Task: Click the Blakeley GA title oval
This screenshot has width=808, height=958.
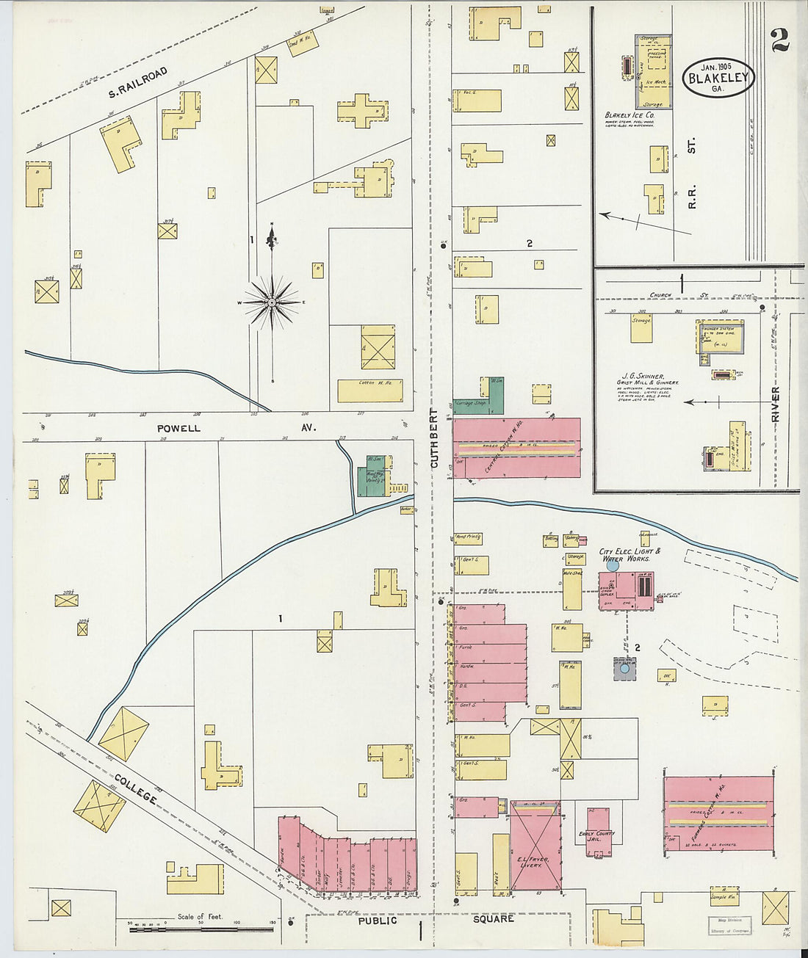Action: (718, 77)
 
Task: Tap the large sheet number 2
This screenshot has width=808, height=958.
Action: (780, 40)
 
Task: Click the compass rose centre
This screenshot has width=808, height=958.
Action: (273, 302)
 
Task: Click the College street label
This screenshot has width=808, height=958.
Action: (136, 786)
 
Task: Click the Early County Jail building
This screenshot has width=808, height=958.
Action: (597, 833)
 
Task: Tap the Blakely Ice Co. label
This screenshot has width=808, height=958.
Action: (630, 115)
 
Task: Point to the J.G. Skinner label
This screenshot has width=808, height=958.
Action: (647, 376)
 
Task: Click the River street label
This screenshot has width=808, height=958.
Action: (776, 404)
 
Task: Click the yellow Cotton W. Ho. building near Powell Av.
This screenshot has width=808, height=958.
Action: (370, 390)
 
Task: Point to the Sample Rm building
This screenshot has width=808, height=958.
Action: (724, 895)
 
